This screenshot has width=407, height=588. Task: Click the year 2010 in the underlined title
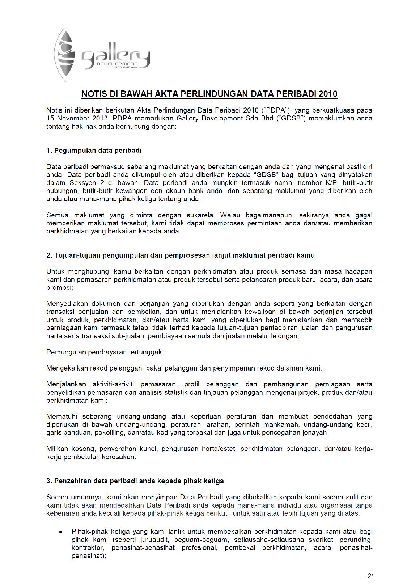(328, 94)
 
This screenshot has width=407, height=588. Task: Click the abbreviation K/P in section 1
(332, 183)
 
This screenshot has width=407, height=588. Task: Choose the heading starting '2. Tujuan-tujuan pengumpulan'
(181, 255)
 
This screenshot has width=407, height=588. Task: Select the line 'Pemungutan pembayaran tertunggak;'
(105, 352)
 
